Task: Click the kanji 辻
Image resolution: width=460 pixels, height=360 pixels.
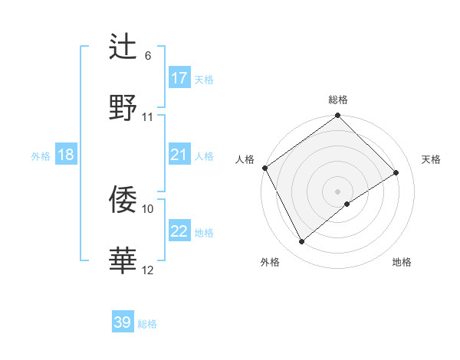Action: point(123,47)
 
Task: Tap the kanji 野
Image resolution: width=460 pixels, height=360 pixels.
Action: point(123,107)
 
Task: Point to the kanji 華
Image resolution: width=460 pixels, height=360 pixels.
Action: point(123,260)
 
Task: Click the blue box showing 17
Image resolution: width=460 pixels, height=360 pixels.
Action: point(179,77)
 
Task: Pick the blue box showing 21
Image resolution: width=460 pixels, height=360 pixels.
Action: point(179,155)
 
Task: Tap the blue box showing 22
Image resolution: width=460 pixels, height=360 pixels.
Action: point(179,231)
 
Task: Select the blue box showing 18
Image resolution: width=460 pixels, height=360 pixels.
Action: point(65,155)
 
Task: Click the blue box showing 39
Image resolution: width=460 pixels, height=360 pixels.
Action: point(123,322)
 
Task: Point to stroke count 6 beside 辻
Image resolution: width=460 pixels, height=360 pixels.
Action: point(147,56)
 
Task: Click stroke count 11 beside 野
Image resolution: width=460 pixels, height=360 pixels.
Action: point(148,116)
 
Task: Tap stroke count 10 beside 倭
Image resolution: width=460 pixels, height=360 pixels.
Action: point(148,208)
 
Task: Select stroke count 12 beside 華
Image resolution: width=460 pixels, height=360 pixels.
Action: point(148,269)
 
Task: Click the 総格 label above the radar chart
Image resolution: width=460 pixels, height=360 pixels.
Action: point(337,100)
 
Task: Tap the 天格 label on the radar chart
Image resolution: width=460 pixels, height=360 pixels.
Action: point(431,159)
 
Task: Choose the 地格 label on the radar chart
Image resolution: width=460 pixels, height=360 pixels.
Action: point(402,262)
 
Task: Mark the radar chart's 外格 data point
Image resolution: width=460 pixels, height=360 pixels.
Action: point(302,242)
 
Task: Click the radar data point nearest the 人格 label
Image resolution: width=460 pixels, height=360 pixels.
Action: point(264,168)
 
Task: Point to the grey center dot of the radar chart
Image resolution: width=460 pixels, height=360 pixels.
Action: point(337,191)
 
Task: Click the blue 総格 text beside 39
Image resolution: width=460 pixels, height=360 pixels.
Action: point(147,324)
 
